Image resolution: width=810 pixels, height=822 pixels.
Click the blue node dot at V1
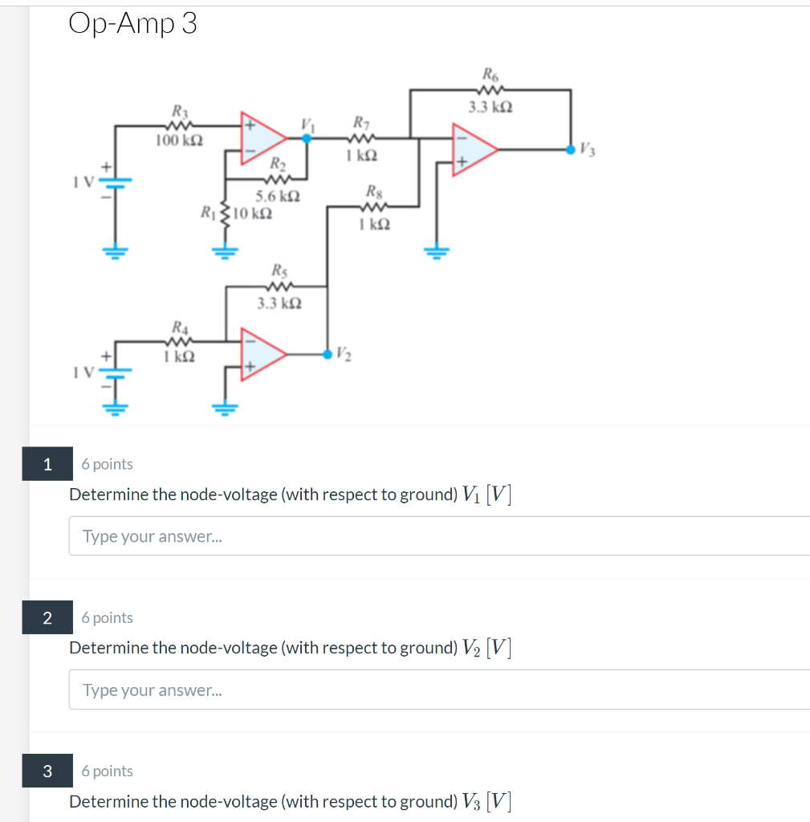pyautogui.click(x=306, y=138)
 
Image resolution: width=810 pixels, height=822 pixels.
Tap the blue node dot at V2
pyautogui.click(x=327, y=353)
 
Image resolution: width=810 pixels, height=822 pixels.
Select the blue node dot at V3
pyautogui.click(x=570, y=149)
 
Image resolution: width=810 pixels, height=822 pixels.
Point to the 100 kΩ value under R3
pyautogui.click(x=179, y=140)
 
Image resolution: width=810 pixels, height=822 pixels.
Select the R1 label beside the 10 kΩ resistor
pyautogui.click(x=208, y=214)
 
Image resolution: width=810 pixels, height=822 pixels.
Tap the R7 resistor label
pyautogui.click(x=361, y=123)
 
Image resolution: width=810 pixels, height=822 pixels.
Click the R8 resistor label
pyautogui.click(x=373, y=192)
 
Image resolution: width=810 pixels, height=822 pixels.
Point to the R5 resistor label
pyautogui.click(x=279, y=271)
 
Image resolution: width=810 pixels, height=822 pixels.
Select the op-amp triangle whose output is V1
pyautogui.click(x=264, y=138)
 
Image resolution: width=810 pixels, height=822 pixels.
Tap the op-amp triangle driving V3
pyautogui.click(x=474, y=149)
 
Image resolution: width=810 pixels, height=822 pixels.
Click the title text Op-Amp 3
pyautogui.click(x=132, y=24)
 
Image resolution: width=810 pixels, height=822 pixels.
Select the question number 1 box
pyautogui.click(x=47, y=464)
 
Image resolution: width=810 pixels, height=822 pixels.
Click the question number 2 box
pyautogui.click(x=47, y=617)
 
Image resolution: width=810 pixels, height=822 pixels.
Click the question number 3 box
pyautogui.click(x=47, y=771)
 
